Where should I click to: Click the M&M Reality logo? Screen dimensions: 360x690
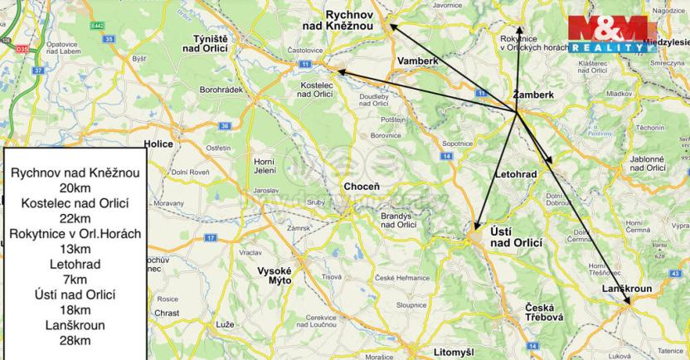tap(616, 35)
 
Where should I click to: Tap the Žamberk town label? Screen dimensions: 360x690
tap(532, 95)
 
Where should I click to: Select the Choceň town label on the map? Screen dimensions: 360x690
tap(362, 187)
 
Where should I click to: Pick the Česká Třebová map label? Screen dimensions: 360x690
tap(544, 313)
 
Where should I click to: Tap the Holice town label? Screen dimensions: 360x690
tap(158, 144)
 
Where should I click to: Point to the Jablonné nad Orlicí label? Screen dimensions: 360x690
tap(648, 163)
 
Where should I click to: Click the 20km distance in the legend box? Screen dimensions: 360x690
tap(74, 188)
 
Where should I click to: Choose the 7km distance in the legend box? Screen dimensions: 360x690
tap(74, 280)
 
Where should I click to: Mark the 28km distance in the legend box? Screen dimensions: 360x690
tap(74, 340)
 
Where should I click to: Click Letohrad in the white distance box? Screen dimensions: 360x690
tap(75, 264)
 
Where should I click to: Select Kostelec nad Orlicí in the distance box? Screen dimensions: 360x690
tap(75, 203)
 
